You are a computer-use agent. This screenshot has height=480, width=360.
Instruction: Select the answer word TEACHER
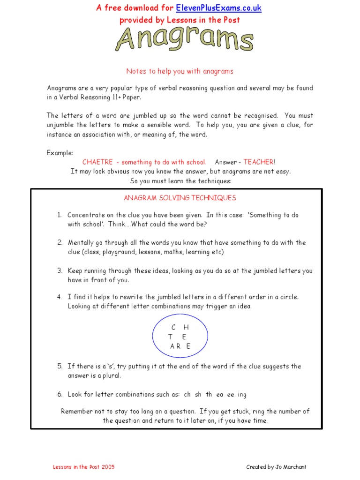pos(258,162)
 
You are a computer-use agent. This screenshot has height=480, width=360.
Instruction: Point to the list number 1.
pos(60,215)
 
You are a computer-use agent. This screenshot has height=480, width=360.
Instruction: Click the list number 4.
pos(60,297)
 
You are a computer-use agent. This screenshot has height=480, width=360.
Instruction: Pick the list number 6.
pos(60,395)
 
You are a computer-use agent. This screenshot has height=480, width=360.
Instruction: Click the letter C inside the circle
pos(173,327)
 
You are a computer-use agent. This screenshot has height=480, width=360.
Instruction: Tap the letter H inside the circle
pos(186,327)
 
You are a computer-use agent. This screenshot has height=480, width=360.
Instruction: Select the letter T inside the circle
pos(171,337)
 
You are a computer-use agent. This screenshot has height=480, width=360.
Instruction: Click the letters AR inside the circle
pos(175,347)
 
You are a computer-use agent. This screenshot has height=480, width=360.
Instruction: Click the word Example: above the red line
pos(60,153)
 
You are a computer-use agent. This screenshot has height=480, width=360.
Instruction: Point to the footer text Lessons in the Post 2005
pos(83,467)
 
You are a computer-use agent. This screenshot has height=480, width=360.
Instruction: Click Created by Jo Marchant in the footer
pos(277,467)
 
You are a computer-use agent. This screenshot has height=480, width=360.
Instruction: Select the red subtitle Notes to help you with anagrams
pos(180,71)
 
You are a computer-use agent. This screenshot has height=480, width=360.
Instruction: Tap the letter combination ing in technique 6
pos(242,395)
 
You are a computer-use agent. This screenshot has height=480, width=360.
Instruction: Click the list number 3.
pos(60,271)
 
